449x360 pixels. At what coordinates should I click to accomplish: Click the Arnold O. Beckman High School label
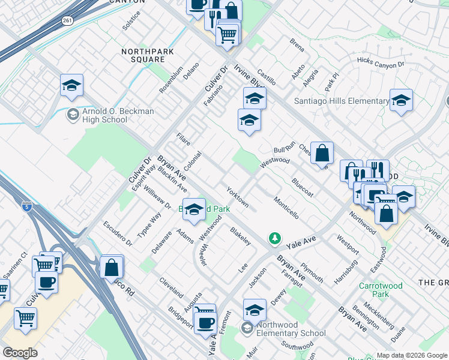pos(106,115)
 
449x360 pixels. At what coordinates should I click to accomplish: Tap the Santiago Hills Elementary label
pos(342,101)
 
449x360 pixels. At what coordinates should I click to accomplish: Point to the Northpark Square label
pos(147,56)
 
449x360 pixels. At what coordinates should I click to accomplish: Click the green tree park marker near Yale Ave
pos(275,239)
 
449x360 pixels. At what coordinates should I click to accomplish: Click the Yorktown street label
pos(237,197)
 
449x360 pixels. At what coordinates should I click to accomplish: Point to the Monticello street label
pos(286,207)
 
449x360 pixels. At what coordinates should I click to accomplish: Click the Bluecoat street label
pos(303,187)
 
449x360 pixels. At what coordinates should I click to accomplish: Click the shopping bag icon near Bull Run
pos(322,154)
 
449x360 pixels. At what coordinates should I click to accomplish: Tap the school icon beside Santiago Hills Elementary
pos(401,101)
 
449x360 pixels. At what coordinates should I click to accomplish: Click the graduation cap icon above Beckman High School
pos(71,86)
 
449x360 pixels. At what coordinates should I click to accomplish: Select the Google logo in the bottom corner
pos(20,353)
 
